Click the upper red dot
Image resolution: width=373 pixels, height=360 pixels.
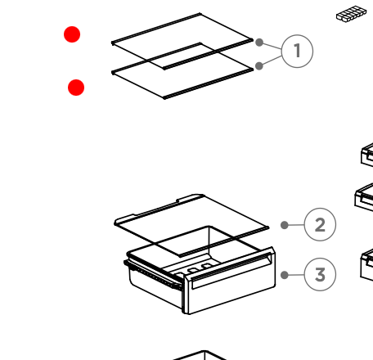point(72,34)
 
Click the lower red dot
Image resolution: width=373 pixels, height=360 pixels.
point(76,88)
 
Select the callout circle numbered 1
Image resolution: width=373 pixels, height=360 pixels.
point(297,51)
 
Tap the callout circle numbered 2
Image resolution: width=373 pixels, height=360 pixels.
point(320,224)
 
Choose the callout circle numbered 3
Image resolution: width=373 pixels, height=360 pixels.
point(320,274)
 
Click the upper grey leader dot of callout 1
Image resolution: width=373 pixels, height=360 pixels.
point(259,43)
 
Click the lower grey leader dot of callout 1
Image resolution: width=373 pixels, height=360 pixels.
point(259,65)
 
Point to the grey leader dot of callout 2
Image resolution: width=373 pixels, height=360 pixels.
point(285,225)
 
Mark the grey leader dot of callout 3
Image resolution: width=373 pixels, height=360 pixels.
point(285,275)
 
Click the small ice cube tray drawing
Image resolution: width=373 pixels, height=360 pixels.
point(351,14)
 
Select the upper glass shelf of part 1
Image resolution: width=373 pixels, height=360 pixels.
point(182,42)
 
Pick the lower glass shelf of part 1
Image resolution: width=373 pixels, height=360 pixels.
point(182,71)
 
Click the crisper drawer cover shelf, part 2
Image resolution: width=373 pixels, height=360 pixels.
point(191,225)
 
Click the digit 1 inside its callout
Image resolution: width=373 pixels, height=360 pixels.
point(298,51)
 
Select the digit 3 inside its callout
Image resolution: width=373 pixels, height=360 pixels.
point(320,274)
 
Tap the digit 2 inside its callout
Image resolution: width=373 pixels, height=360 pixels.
point(320,225)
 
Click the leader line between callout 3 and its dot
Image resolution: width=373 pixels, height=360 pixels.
point(296,275)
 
